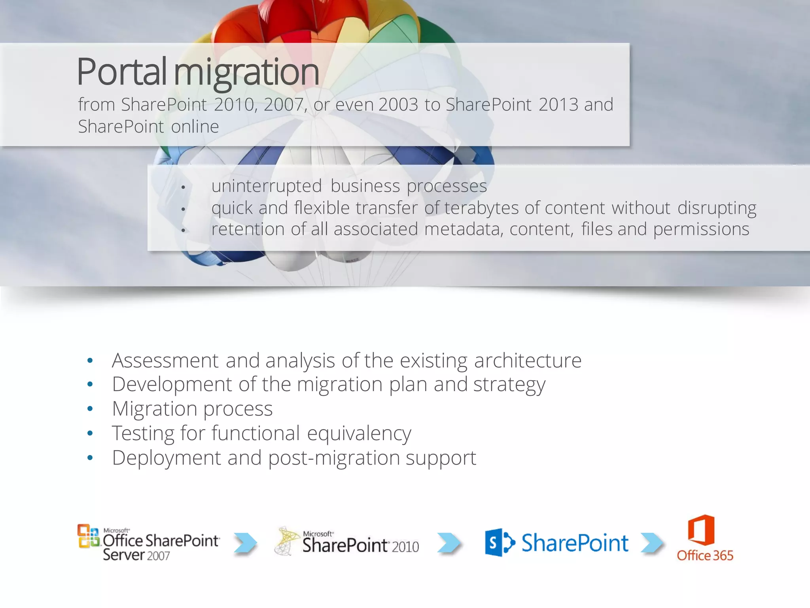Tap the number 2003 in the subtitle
click(398, 105)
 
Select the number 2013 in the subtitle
click(558, 105)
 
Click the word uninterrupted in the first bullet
click(267, 186)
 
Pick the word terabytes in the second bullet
click(481, 208)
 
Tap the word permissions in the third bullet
click(701, 229)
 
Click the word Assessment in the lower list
click(165, 361)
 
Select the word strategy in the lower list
click(509, 385)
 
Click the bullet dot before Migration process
click(90, 409)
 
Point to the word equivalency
click(359, 433)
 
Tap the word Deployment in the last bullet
click(166, 458)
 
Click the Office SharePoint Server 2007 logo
click(148, 543)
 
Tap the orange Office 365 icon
click(701, 530)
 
